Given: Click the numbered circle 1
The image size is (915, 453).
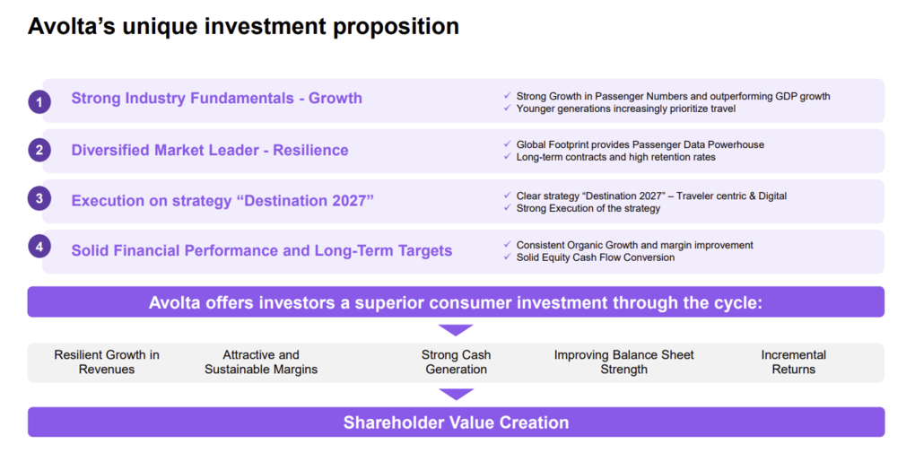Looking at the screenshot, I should [39, 101].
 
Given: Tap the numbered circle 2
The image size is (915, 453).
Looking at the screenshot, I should [39, 151].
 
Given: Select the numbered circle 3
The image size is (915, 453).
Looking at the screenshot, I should [39, 199].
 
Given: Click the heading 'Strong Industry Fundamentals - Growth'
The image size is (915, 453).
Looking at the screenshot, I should [216, 99].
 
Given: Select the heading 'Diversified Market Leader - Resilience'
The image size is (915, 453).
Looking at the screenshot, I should [210, 150].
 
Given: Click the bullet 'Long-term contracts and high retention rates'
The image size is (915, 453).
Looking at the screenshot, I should [615, 157].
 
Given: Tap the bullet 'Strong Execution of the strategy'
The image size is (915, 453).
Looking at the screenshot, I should [588, 208].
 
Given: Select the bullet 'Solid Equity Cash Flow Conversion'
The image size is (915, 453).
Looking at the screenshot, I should [595, 257].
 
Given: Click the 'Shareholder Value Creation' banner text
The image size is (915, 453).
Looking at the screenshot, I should [456, 423].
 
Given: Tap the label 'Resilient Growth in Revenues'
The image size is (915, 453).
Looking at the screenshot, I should [107, 362].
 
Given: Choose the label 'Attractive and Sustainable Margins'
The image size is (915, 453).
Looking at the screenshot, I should [261, 362].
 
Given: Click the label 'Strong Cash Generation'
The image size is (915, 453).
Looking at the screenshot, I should [456, 362].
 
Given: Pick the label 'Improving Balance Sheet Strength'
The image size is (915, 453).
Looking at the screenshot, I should [623, 362].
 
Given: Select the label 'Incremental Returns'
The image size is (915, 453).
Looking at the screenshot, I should [793, 362].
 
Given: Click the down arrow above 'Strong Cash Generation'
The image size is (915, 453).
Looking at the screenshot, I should [456, 330].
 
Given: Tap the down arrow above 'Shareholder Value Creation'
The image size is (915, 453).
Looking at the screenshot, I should [456, 394].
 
